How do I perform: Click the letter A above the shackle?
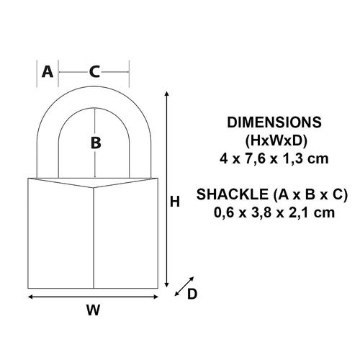pyautogui.click(x=48, y=71)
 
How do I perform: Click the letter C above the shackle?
pyautogui.click(x=94, y=71)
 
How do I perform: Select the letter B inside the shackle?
pyautogui.click(x=95, y=143)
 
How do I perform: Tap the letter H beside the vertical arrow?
pyautogui.click(x=174, y=203)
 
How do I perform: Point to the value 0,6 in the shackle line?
pyautogui.click(x=229, y=212)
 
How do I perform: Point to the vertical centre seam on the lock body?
pyautogui.click(x=94, y=238)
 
